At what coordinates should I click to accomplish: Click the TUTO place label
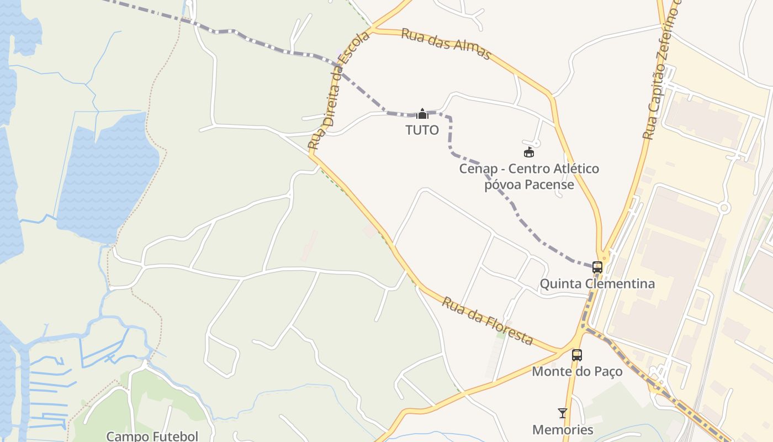422,130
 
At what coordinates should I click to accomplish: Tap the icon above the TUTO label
422,114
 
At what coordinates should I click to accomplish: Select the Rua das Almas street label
446,44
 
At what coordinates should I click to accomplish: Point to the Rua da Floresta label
488,321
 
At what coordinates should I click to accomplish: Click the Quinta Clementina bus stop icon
597,267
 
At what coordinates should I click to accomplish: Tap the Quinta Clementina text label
597,284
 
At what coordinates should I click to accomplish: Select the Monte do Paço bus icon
577,355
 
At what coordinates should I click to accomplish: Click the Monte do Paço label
577,371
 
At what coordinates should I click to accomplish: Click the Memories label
563,429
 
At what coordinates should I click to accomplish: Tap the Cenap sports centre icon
529,152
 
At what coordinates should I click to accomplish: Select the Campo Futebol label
152,436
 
